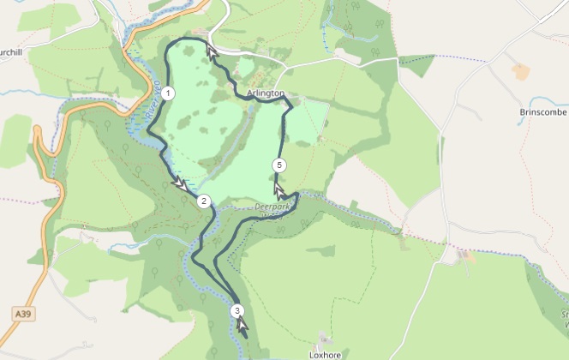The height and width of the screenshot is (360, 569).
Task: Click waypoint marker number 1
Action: pos(169,93)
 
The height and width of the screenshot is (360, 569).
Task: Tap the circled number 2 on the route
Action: pos(203,202)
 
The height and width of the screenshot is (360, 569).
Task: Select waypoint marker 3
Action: pos(237,311)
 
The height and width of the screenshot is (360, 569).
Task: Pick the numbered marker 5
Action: pos(279,165)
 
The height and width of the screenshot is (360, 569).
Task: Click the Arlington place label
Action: pos(265,93)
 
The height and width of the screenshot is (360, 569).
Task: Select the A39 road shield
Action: pos(24,315)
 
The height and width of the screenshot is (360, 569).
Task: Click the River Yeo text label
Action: pos(154,99)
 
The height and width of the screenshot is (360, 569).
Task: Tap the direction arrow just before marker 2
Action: pos(180,183)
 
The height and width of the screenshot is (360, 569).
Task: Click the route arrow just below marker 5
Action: pos(279,189)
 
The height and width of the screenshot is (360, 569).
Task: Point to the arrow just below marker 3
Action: pos(243,326)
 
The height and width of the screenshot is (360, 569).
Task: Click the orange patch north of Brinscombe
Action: pos(521,72)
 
